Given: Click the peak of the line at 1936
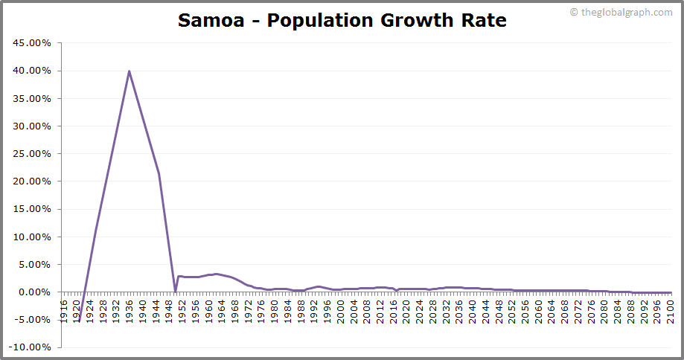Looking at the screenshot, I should click(130, 71).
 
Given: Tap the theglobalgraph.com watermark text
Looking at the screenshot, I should click(626, 11).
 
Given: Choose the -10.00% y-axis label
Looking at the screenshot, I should click(31, 347).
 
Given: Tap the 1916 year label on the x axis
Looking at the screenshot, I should click(65, 308).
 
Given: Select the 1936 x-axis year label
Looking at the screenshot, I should click(130, 308).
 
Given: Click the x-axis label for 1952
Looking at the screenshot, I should click(182, 308).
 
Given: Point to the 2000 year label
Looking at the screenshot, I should click(340, 308).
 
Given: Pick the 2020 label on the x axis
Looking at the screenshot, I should click(406, 308).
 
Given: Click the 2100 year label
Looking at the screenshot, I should click(670, 308).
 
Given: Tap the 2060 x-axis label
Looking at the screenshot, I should click(538, 308).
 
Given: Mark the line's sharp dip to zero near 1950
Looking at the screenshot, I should click(175, 291).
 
